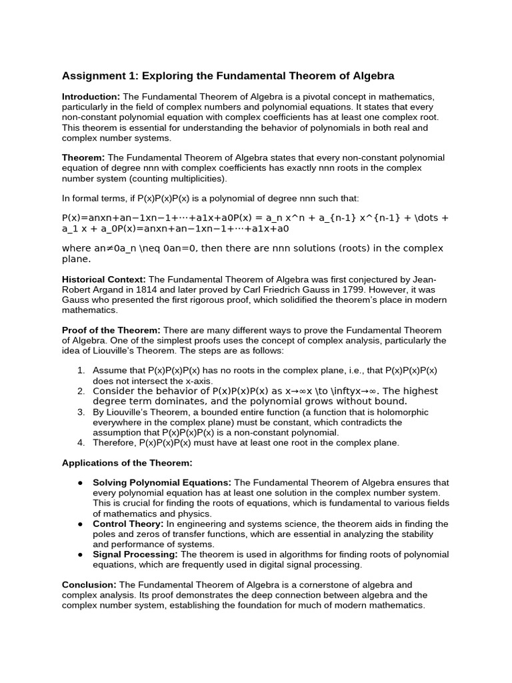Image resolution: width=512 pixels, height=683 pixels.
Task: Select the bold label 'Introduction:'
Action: [x=91, y=97]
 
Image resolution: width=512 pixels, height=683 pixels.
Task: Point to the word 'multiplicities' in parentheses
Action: [x=194, y=179]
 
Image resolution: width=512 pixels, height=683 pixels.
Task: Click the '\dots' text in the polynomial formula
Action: [x=417, y=217]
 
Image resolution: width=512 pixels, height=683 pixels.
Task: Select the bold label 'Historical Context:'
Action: [x=104, y=279]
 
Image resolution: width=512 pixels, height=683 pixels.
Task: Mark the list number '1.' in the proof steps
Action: [x=81, y=370]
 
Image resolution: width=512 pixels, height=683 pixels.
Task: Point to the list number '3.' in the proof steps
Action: [x=81, y=412]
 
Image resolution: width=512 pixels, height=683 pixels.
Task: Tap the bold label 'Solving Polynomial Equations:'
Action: [x=162, y=482]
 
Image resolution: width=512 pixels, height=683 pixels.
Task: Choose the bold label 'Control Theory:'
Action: [x=128, y=524]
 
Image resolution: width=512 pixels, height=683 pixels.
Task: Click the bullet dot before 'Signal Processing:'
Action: [x=80, y=555]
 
